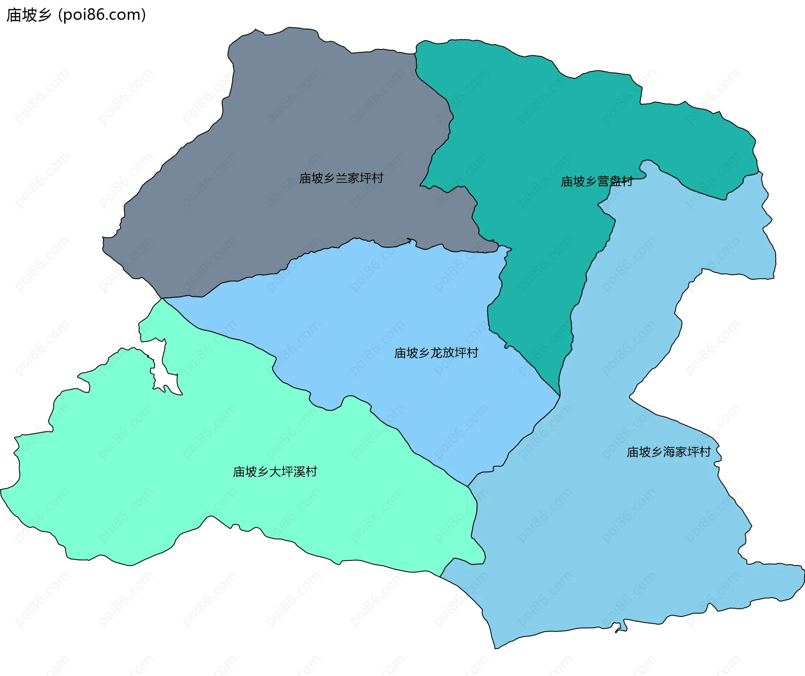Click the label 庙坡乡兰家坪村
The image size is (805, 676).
[x=341, y=178]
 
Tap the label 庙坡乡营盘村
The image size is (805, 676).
[x=597, y=182]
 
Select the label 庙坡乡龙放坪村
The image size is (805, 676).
[x=436, y=353]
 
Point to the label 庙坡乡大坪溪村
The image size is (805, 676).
[x=275, y=472]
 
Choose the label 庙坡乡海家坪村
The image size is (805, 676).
[x=669, y=452]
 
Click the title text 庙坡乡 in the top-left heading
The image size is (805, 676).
[x=29, y=15]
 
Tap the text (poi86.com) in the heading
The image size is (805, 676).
[x=102, y=15]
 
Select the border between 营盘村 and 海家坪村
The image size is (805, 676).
[x=587, y=272]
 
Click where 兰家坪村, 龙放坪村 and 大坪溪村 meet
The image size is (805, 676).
[x=162, y=298]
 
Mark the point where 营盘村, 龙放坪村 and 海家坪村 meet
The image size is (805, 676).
[x=560, y=396]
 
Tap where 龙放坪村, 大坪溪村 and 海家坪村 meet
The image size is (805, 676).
[x=468, y=486]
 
